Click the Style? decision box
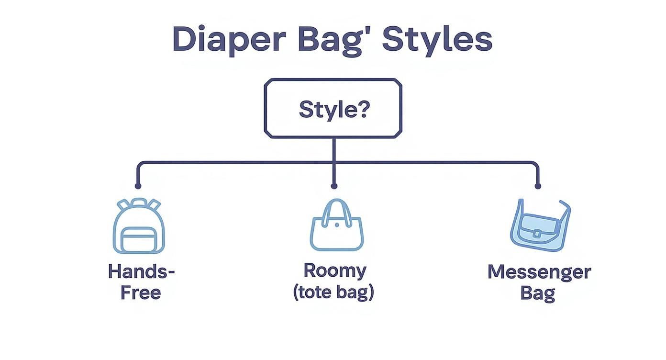click(333, 109)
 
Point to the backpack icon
click(139, 226)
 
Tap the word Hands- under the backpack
click(141, 271)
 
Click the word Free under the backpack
click(140, 292)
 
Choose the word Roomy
click(334, 270)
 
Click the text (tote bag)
click(333, 292)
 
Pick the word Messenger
click(539, 272)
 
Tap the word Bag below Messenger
click(537, 292)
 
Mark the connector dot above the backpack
click(138, 186)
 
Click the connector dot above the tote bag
click(334, 186)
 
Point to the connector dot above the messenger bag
click(538, 186)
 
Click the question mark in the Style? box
click(363, 109)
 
